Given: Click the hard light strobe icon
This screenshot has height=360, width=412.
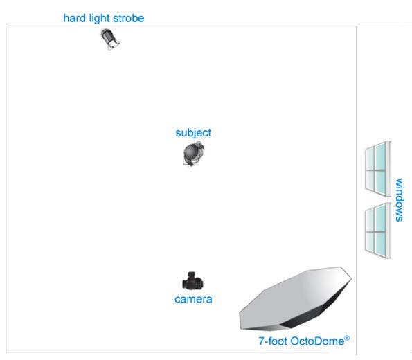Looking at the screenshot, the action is [x=110, y=39].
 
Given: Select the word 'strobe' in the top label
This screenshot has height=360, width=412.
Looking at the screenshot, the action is [x=129, y=18].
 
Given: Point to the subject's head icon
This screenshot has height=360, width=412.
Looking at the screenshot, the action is [x=194, y=154].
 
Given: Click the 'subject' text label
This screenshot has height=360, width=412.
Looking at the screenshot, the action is [x=193, y=133].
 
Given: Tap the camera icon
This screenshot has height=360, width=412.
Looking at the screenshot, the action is [x=193, y=280].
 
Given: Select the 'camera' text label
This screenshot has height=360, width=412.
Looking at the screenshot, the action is [x=193, y=299].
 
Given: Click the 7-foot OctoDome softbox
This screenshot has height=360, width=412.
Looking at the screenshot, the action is [x=295, y=298].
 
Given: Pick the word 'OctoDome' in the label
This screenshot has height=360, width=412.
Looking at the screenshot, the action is [x=317, y=341].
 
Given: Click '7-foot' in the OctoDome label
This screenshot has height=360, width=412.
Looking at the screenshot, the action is [x=273, y=341].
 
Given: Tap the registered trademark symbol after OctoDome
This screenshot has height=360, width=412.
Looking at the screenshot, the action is [x=347, y=338].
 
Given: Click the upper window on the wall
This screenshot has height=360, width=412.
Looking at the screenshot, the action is [x=378, y=169].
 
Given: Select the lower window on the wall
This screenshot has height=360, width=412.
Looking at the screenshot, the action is [x=378, y=231].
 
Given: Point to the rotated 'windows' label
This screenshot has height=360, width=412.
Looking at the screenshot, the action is [x=400, y=199].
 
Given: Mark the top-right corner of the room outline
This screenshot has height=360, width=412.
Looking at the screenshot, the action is [x=357, y=26].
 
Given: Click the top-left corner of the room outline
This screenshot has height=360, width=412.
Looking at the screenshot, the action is [x=6, y=26].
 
